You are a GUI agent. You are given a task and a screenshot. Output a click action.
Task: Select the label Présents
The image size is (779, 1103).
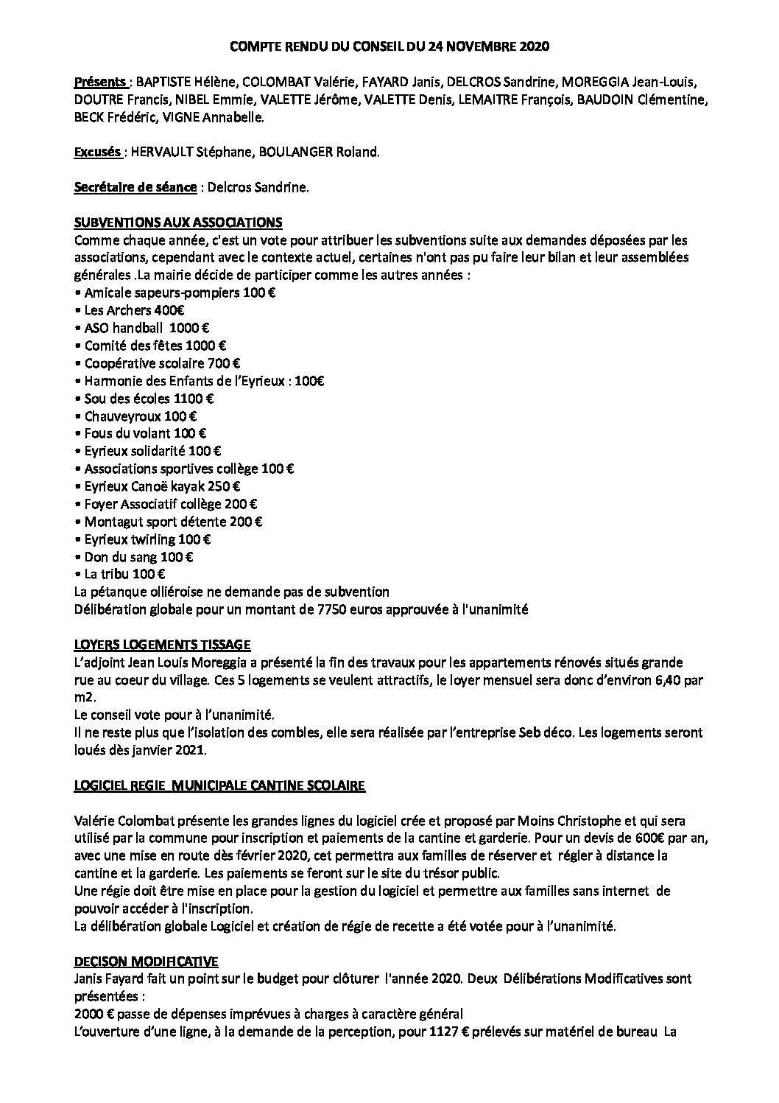pyautogui.click(x=100, y=82)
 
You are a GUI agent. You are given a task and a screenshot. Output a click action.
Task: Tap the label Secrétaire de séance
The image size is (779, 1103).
pyautogui.click(x=135, y=188)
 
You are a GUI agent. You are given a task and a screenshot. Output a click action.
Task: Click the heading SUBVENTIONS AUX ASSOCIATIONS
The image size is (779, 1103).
pyautogui.click(x=178, y=223)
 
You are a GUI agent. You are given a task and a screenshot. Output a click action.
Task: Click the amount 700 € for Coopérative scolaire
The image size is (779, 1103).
pyautogui.click(x=227, y=363)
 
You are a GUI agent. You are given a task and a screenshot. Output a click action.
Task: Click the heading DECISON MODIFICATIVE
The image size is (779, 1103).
pyautogui.click(x=146, y=962)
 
